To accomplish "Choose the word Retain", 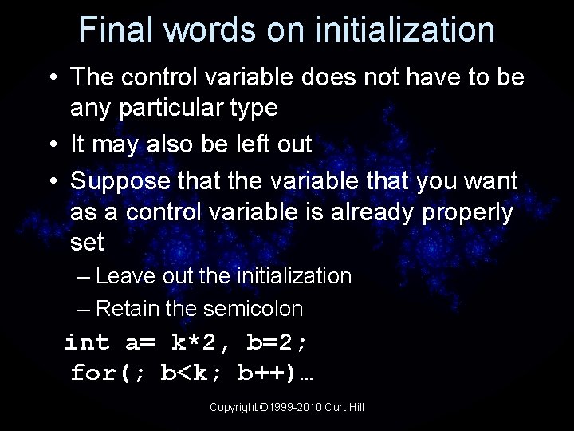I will (128, 308).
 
